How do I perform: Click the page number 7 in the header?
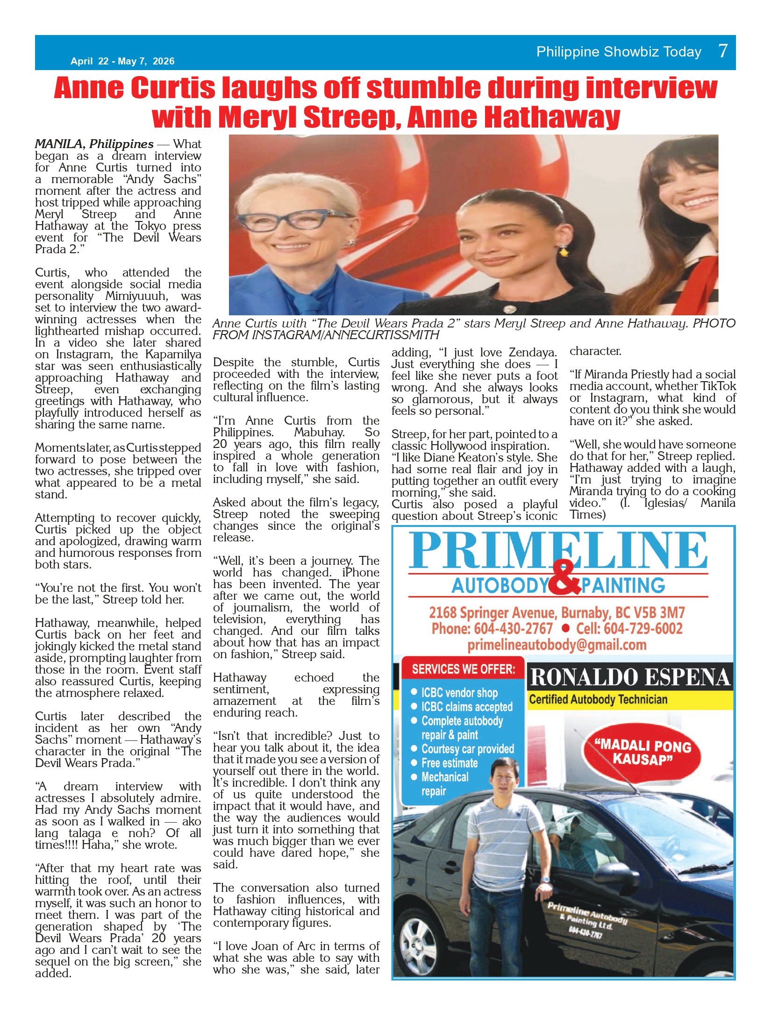point(722,50)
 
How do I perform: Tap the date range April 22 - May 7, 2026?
point(122,61)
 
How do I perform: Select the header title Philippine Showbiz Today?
point(618,51)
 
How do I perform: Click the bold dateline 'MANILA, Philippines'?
point(94,144)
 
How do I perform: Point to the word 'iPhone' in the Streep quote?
point(361,573)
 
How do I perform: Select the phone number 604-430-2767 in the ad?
point(513,629)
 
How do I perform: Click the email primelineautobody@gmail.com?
point(557,645)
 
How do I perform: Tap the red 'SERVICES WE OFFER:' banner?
point(463,669)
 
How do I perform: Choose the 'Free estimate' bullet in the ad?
point(449,763)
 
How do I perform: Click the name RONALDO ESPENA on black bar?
point(629,678)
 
